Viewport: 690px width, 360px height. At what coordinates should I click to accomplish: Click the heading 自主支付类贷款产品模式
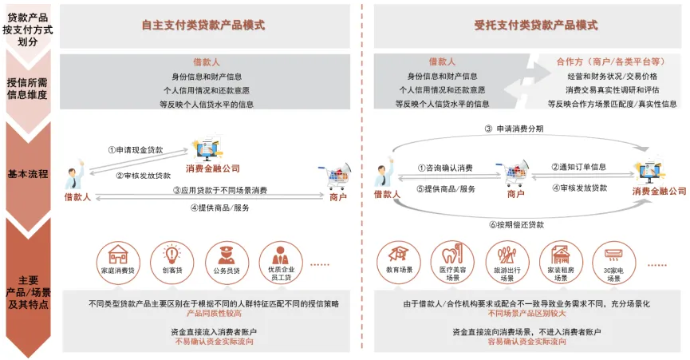point(203,26)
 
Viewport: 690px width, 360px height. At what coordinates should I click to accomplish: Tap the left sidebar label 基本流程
point(28,173)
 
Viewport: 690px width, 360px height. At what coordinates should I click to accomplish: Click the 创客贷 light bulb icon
point(172,255)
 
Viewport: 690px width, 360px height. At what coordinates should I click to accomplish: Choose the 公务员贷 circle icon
point(224,255)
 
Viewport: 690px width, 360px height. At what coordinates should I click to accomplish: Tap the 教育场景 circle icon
point(399,255)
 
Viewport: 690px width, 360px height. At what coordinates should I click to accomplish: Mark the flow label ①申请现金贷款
point(140,149)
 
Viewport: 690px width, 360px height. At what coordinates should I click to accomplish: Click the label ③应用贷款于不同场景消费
point(219,190)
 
